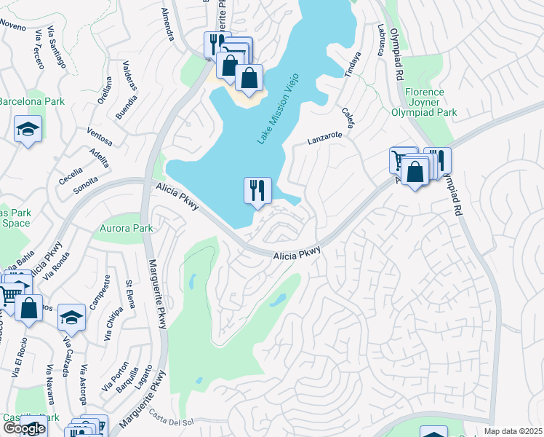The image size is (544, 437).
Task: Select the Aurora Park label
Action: coord(122,228)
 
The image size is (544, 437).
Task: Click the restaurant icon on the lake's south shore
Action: coord(257,191)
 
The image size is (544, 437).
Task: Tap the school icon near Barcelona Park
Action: coord(28,130)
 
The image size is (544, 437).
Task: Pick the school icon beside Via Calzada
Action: coord(71,317)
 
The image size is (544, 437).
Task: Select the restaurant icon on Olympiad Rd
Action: coord(437,161)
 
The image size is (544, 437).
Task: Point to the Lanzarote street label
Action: coord(324,137)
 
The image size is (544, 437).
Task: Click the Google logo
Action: coord(24,428)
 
